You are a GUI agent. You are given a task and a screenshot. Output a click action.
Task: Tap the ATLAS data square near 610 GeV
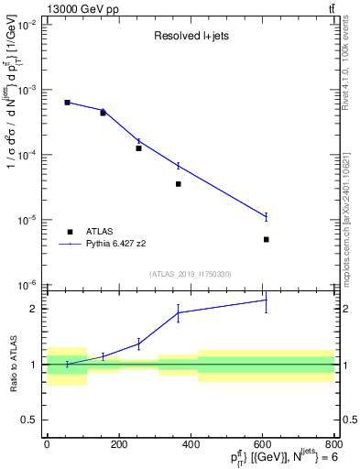click(x=267, y=239)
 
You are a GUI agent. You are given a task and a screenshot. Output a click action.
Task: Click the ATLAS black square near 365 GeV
click(x=179, y=184)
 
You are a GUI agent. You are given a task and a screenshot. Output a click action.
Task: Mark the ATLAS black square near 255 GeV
click(x=138, y=147)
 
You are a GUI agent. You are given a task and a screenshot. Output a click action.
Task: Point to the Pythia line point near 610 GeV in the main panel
click(x=267, y=217)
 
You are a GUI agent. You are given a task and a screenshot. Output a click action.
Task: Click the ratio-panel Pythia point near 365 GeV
click(x=179, y=312)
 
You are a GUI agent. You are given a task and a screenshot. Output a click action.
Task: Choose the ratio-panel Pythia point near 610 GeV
click(x=267, y=300)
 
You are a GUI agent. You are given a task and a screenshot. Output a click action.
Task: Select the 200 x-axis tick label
click(x=118, y=444)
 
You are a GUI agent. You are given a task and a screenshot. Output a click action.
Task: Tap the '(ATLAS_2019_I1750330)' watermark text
click(x=191, y=274)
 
